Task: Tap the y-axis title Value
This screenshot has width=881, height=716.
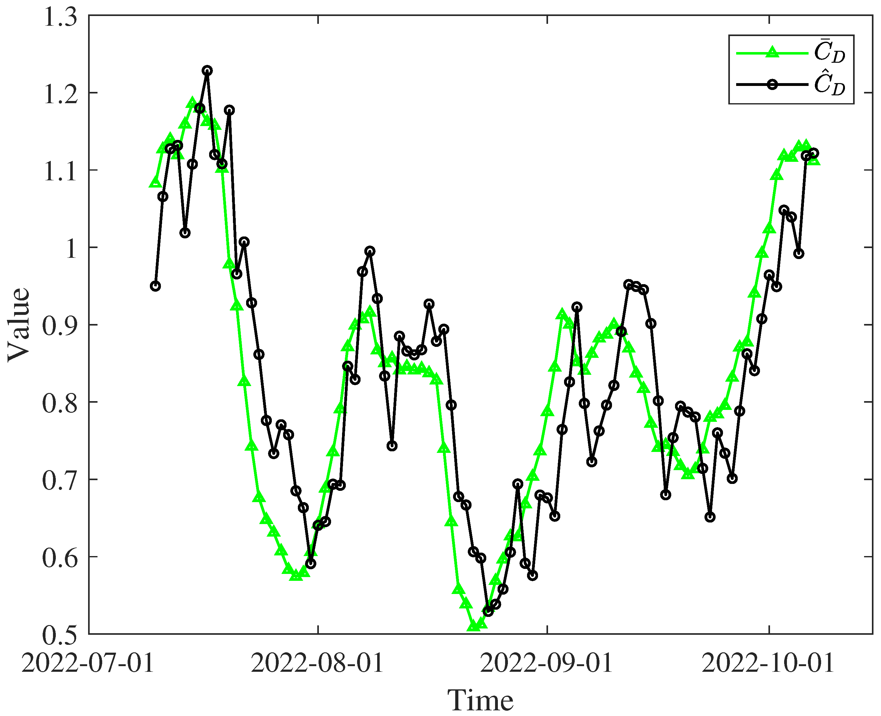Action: (x=19, y=325)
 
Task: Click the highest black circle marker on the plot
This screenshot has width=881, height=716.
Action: (x=207, y=71)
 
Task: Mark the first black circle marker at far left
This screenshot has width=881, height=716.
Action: (x=155, y=286)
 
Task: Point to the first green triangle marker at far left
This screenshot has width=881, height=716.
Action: (x=155, y=182)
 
